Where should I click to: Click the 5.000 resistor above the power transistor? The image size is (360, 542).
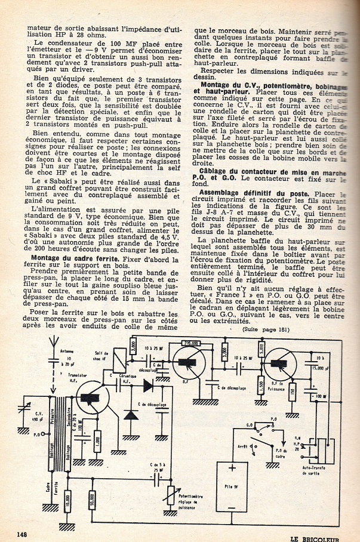tap(261, 347)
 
